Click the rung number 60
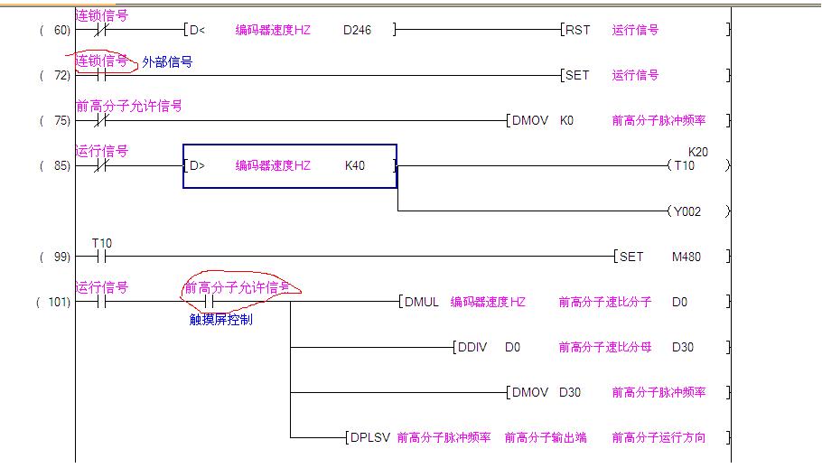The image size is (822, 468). click(x=61, y=31)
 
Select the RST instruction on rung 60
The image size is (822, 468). click(x=577, y=30)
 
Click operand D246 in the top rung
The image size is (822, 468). click(x=357, y=30)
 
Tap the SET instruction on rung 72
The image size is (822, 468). click(x=577, y=76)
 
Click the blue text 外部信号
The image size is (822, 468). click(x=167, y=62)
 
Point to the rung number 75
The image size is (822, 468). click(x=61, y=121)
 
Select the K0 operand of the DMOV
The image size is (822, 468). click(x=566, y=121)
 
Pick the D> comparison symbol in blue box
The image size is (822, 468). click(x=197, y=166)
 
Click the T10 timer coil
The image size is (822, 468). click(x=684, y=166)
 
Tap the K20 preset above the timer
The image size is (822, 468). click(x=697, y=152)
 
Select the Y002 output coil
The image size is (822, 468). click(x=687, y=212)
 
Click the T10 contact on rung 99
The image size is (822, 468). click(x=101, y=257)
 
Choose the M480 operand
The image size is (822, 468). click(x=686, y=257)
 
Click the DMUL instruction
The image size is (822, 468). click(x=422, y=303)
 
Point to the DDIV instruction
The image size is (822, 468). click(x=475, y=348)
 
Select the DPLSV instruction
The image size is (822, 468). click(x=370, y=438)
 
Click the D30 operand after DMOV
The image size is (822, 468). click(x=570, y=393)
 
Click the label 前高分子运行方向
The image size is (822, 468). click(x=659, y=438)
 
